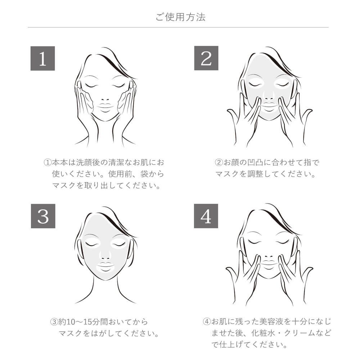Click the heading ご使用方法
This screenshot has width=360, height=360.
click(180, 17)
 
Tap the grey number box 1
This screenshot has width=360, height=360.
click(43, 58)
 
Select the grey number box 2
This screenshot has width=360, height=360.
click(206, 58)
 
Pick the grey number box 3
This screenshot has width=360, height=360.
click(43, 216)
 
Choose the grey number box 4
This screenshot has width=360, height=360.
click(206, 216)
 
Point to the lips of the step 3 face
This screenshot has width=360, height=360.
click(105, 266)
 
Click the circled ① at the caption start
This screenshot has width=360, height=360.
click(47, 163)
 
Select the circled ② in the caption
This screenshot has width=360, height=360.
click(219, 163)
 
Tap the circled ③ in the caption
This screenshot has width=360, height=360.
click(54, 321)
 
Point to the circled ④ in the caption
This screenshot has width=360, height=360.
click(207, 321)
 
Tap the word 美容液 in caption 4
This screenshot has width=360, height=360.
click(271, 321)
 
